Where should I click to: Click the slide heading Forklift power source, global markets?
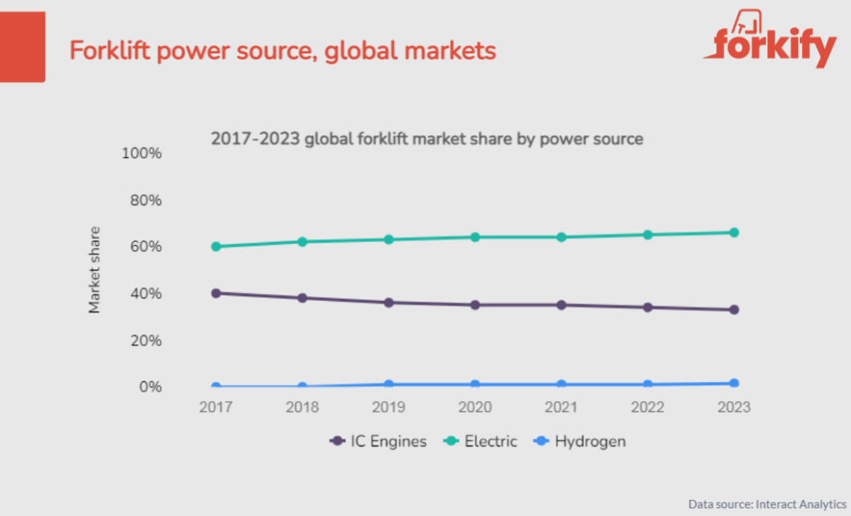coord(282,50)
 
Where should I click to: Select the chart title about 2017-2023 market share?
coord(426,139)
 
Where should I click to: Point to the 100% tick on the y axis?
coord(142,153)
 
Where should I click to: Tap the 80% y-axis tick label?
coord(145,200)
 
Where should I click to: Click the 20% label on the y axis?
coord(145,340)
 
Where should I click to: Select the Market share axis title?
coord(95,270)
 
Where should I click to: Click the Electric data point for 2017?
coord(216,247)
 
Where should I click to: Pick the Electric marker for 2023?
coord(734,232)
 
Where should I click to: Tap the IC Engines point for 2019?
coord(388,303)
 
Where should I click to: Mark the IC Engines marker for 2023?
coord(734,310)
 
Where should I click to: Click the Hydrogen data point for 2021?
coord(561,384)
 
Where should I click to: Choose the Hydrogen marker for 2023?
coord(734,383)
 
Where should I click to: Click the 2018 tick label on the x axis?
coord(302,407)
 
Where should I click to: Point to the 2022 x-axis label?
coord(648,407)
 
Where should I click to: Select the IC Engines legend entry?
coord(378,441)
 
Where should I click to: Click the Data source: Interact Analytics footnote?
coord(767,503)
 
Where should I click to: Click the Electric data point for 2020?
coord(475,237)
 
